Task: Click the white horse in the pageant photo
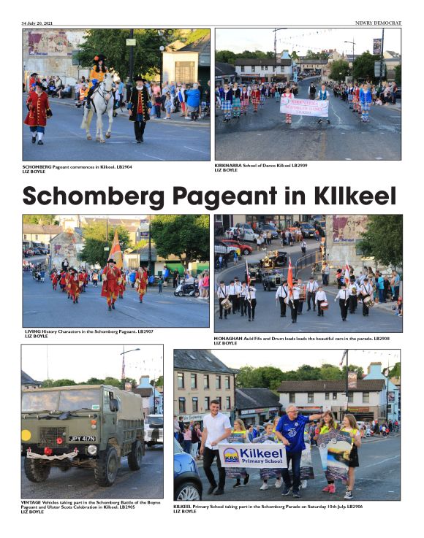click(102, 102)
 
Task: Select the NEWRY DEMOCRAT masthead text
click(378, 23)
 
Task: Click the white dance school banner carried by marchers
click(304, 107)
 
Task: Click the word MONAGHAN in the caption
click(228, 338)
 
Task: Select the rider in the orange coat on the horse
click(97, 73)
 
